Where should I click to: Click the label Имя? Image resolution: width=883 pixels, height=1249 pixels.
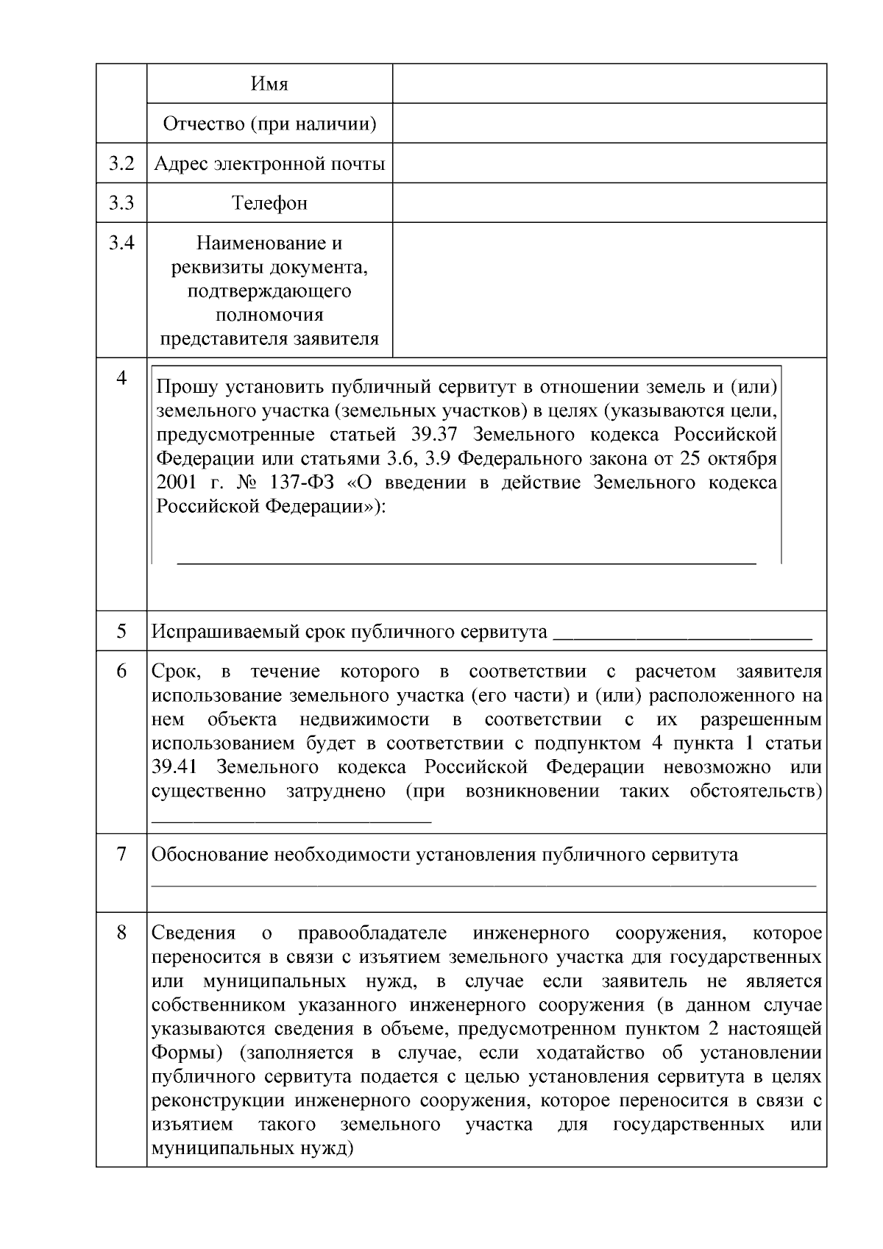(269, 84)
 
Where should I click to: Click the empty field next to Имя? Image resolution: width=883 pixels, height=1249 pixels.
(609, 83)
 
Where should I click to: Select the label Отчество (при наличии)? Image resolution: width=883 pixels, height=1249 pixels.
(269, 124)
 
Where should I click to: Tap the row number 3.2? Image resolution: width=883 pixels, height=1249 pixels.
(121, 163)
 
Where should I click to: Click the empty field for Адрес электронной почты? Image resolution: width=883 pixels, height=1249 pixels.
(609, 163)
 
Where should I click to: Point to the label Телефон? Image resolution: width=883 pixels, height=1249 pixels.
(269, 203)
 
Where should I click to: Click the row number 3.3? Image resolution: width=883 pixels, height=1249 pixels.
(121, 203)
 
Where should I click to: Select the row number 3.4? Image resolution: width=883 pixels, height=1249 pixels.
(121, 243)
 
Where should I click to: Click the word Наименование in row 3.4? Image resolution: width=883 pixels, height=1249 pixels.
(269, 243)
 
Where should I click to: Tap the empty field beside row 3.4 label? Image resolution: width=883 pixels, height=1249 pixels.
(609, 290)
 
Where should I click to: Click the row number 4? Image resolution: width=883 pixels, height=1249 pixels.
(121, 378)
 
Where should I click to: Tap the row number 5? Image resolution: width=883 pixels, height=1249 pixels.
(121, 631)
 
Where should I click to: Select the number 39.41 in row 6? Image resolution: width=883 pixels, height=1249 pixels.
(174, 767)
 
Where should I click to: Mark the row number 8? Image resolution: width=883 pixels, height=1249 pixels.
(121, 933)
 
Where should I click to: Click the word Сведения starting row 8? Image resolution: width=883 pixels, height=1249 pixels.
(193, 933)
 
